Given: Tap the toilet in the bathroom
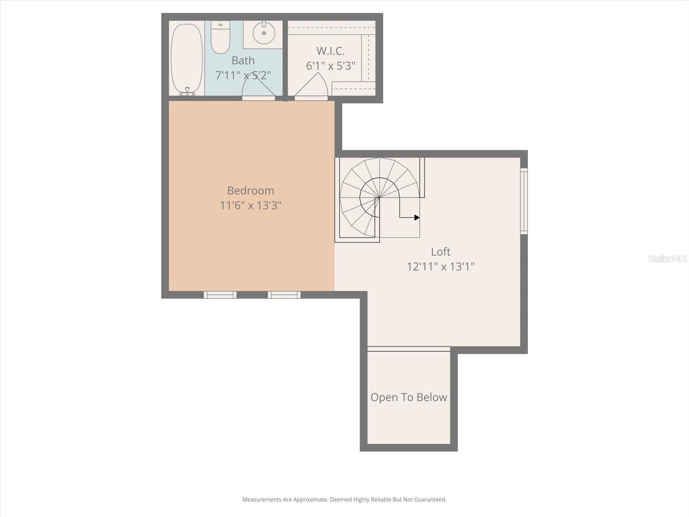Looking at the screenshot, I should tap(220, 38).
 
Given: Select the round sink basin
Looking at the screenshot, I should tap(264, 33).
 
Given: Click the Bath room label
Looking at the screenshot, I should tap(243, 60).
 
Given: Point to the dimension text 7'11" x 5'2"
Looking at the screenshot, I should tap(243, 75).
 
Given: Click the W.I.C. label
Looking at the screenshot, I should tap(330, 51).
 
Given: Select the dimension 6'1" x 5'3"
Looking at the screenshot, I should tap(330, 66).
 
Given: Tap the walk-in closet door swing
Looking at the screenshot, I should tap(312, 86).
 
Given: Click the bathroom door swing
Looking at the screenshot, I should tap(258, 86).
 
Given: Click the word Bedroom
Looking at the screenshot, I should tap(250, 190).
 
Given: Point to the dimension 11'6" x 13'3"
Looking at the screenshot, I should tap(250, 206).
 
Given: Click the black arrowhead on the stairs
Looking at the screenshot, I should tap(416, 218).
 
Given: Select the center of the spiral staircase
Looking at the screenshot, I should tap(379, 197).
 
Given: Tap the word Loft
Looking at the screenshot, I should tap(441, 252).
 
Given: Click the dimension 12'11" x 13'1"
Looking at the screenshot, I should tap(441, 267).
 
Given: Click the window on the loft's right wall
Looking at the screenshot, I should tap(524, 201).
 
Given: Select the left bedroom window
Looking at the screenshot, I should tap(220, 295).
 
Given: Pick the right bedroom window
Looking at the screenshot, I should tap(284, 295).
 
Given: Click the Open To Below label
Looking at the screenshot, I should tap(409, 397).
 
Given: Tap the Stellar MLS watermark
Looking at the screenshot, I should tap(667, 258).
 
